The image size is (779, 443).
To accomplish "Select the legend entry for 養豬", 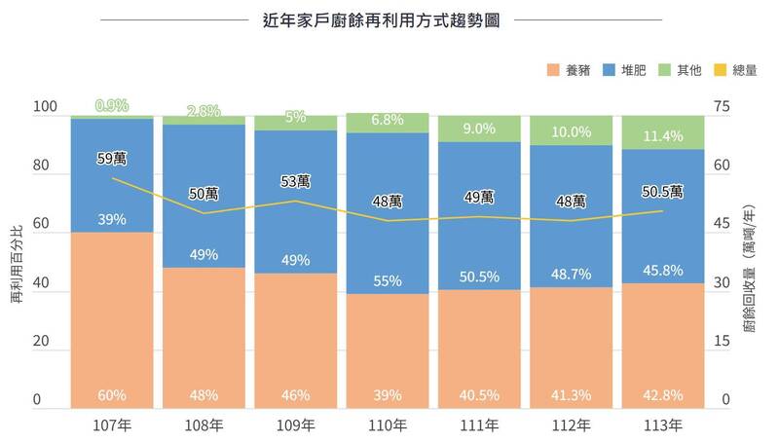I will (570, 71).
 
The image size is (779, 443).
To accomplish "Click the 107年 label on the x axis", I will (112, 425).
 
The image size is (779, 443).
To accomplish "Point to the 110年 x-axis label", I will (387, 425).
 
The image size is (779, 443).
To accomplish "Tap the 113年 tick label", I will (663, 425).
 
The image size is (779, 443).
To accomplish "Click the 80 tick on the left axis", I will (40, 166).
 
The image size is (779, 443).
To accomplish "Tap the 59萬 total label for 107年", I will (112, 159).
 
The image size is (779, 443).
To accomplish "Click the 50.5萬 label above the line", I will (663, 191).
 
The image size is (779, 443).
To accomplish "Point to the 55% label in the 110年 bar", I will (387, 280).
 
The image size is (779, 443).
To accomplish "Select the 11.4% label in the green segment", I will (663, 135).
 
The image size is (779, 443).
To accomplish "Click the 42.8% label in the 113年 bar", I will (663, 395).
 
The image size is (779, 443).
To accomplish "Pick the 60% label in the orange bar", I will (112, 395).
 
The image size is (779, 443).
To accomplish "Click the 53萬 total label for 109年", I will (295, 181).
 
